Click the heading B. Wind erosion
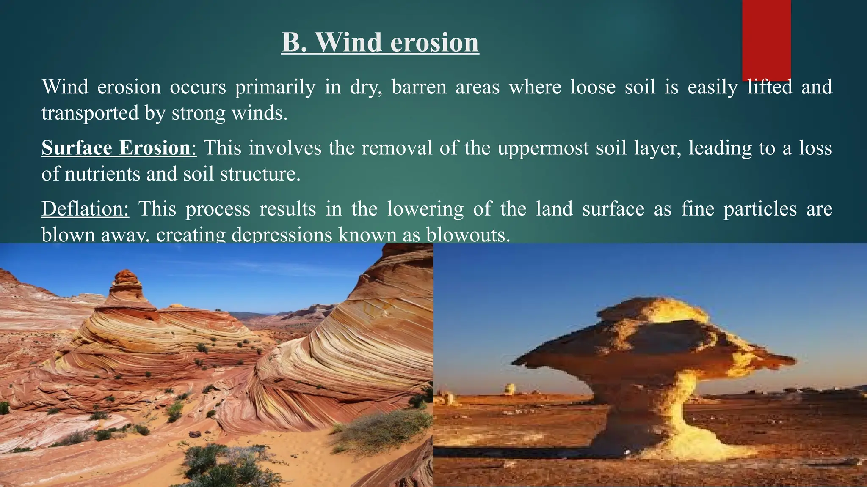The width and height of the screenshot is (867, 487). pyautogui.click(x=380, y=42)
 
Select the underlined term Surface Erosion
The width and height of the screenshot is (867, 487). pyautogui.click(x=116, y=148)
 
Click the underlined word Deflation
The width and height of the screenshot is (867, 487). pyautogui.click(x=85, y=209)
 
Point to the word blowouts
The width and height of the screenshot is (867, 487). pyautogui.click(x=467, y=235)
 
